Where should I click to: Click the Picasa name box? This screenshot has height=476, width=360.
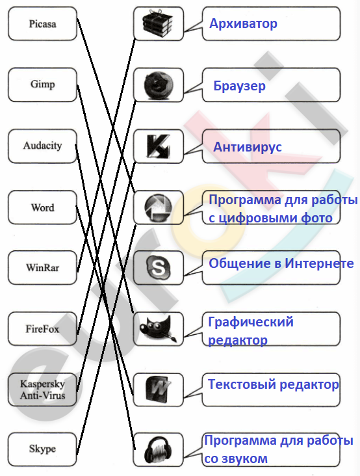[x=42, y=23]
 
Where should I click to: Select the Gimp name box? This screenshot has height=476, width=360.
[x=42, y=85]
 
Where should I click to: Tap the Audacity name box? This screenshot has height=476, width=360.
[x=42, y=146]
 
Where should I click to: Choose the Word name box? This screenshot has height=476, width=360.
[x=42, y=207]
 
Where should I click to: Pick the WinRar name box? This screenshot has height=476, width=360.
[x=42, y=267]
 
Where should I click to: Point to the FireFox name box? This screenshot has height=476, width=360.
[x=42, y=329]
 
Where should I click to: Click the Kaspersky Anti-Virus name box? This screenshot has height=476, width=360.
[x=42, y=390]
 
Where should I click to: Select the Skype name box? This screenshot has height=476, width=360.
[x=42, y=449]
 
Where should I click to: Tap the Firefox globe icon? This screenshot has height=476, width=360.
[x=159, y=85]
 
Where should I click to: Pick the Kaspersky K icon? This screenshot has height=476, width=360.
[x=158, y=146]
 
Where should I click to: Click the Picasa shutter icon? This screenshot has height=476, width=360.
[x=159, y=207]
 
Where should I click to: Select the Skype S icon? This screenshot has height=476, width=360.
[x=159, y=267]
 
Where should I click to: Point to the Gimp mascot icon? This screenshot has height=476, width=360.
[x=159, y=329]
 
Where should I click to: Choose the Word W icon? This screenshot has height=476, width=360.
[x=159, y=390]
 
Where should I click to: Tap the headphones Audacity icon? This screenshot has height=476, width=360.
[x=159, y=450]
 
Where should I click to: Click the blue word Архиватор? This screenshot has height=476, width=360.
[x=243, y=23]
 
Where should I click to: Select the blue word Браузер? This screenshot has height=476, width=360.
[x=239, y=86]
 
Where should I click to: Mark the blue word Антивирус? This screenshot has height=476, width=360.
[x=248, y=147]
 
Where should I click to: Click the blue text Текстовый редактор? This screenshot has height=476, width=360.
[x=274, y=385]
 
